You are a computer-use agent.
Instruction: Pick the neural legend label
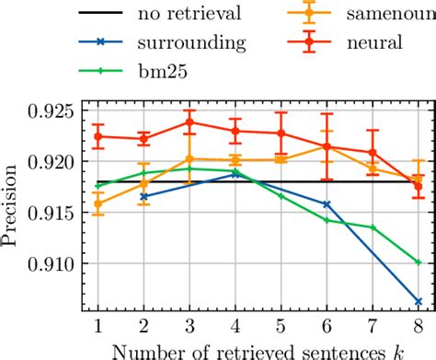pyautogui.click(x=360, y=41)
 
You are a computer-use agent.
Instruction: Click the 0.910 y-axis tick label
pyautogui.click(x=57, y=263)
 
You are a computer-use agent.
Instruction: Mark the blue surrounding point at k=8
pyautogui.click(x=419, y=301)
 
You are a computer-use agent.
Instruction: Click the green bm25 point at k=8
pyautogui.click(x=419, y=261)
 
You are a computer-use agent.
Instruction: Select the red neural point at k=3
pyautogui.click(x=189, y=122)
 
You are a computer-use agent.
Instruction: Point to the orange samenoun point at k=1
pyautogui.click(x=98, y=204)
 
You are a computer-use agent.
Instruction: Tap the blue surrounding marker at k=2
pyautogui.click(x=144, y=196)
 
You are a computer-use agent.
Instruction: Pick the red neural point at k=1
pyautogui.click(x=98, y=136)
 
